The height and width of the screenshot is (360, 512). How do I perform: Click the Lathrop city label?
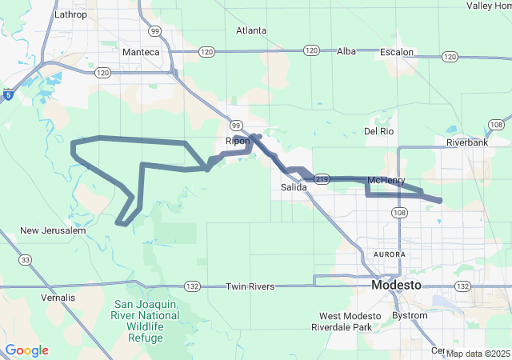point(69,14)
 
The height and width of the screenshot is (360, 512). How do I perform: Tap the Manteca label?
point(142,52)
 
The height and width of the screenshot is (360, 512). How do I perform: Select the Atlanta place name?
point(251,30)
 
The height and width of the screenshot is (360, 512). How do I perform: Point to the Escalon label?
point(397,52)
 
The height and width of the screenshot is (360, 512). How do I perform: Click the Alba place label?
point(346,51)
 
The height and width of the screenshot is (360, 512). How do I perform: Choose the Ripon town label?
point(238,141)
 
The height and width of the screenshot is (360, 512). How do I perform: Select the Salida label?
point(294,187)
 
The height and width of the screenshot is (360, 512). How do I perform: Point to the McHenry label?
point(387,180)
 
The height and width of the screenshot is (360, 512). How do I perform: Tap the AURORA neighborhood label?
point(390,254)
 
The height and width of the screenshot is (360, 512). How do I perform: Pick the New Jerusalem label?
point(53,230)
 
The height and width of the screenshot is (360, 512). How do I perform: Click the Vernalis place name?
point(58,298)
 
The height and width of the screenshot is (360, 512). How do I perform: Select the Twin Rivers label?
point(250,286)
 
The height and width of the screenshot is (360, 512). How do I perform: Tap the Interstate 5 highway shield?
point(7,95)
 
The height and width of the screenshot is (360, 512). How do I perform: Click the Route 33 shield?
point(26,259)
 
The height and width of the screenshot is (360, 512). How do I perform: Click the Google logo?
point(26,350)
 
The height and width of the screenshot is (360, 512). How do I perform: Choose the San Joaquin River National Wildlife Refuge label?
point(150,321)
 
